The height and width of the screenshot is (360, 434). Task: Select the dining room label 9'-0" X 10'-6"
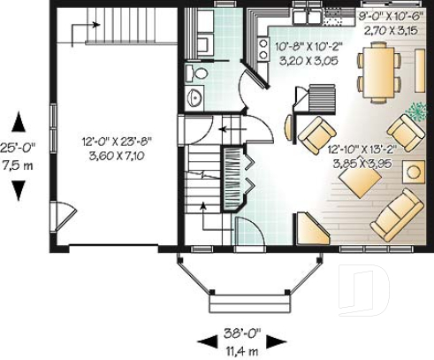pos(392,14)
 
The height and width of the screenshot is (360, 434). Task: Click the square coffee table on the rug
pos(360,181)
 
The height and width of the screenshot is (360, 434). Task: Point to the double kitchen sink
pos(306,14)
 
